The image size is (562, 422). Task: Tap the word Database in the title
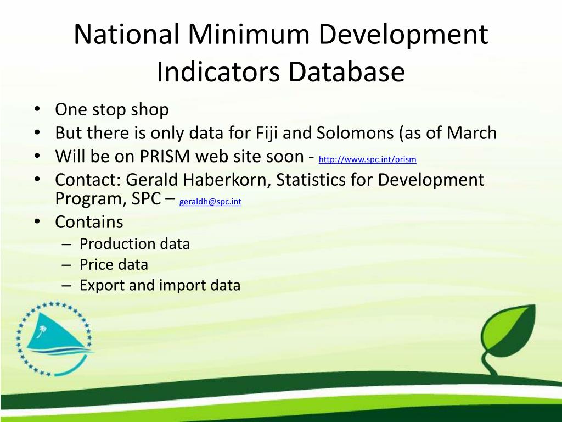tap(346, 73)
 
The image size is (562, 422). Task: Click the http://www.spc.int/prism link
tap(367, 160)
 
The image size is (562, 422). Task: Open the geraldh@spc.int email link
tap(210, 202)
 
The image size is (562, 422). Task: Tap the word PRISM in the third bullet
tap(165, 157)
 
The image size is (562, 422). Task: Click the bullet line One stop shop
tap(111, 109)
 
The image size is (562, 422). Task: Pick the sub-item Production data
tap(134, 244)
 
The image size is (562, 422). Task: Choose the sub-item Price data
tap(114, 265)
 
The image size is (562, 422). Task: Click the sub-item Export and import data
tap(160, 286)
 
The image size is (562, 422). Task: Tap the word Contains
tap(89, 222)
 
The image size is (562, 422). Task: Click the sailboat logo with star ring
tap(53, 337)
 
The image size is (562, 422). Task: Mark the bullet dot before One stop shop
tap(36, 109)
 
